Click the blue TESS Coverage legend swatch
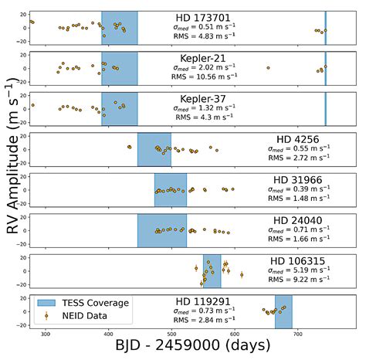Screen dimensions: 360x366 tap(46, 303)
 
